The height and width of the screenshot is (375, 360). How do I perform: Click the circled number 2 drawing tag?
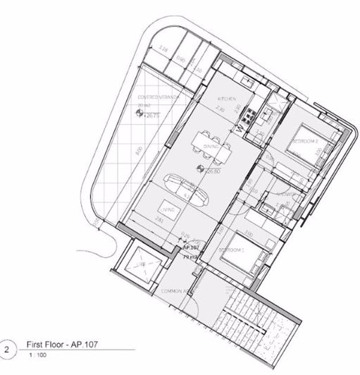(8, 350)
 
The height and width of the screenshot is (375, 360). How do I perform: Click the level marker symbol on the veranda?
(138, 113)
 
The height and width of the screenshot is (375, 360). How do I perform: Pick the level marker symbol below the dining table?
(201, 169)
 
